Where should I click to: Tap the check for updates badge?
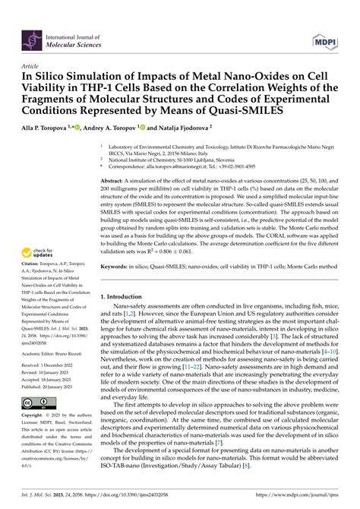[x=43, y=251]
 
